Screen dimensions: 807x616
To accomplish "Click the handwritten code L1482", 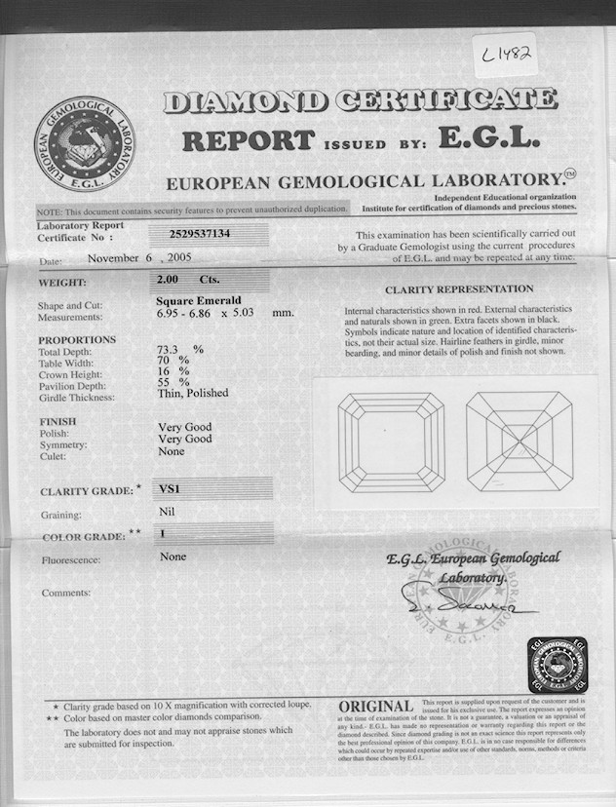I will click(x=509, y=55).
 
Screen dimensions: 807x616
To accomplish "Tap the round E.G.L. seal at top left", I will click(x=84, y=143).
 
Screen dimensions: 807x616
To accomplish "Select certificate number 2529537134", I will click(x=194, y=234).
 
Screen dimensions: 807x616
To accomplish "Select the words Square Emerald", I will click(x=198, y=301).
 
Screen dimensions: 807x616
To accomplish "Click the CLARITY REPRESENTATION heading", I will click(x=459, y=289).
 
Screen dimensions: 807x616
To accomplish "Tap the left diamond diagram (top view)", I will click(x=391, y=442).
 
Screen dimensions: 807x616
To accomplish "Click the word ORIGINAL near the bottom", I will click(x=376, y=706).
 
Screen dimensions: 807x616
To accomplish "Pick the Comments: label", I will click(x=66, y=593).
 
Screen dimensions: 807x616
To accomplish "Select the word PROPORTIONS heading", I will click(x=77, y=340).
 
